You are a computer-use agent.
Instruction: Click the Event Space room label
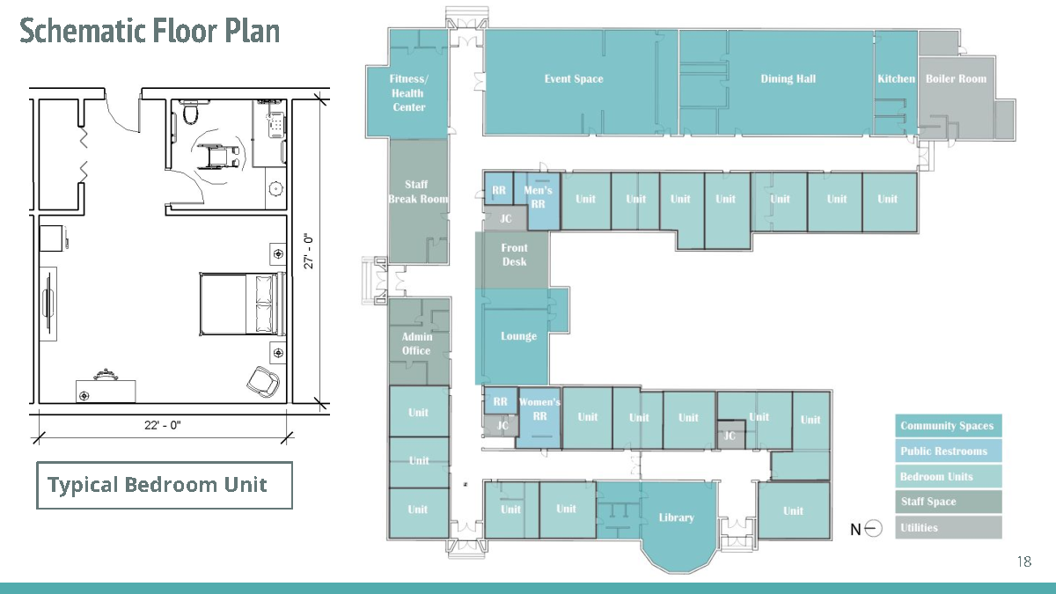[574, 78]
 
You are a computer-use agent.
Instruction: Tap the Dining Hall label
[788, 78]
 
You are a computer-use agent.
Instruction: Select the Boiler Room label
[956, 78]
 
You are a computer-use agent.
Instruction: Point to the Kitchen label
[896, 78]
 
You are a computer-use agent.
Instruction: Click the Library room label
[677, 517]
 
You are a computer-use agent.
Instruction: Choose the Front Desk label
[514, 254]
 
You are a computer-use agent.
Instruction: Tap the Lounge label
[518, 336]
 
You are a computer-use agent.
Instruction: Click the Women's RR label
[539, 409]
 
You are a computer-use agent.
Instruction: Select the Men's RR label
[538, 197]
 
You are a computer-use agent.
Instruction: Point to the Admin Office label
[417, 344]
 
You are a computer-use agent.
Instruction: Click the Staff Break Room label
[418, 192]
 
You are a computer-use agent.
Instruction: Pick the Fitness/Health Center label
[408, 93]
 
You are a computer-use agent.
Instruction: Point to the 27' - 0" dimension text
[308, 251]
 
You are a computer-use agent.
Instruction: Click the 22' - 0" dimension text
[163, 425]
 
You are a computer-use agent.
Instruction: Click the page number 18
[1024, 561]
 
